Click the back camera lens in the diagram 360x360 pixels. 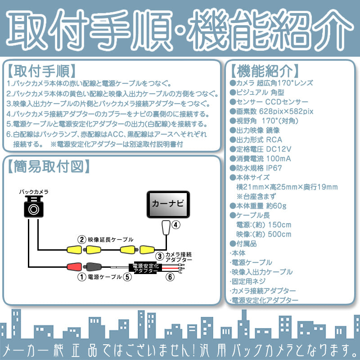point(34,209)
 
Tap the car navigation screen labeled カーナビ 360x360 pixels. point(167,203)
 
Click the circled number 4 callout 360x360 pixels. point(176,224)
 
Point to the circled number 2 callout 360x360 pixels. point(81,239)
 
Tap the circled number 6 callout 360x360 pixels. point(169,277)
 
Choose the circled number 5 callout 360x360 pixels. point(128,277)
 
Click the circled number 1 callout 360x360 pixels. point(81,277)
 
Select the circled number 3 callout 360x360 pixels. point(160,256)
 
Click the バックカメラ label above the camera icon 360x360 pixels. point(34,192)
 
